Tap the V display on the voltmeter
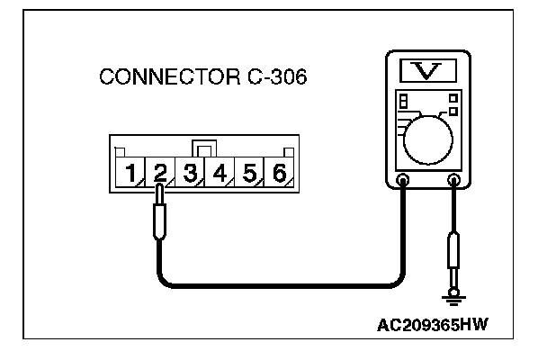[428, 67]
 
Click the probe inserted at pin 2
[160, 216]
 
